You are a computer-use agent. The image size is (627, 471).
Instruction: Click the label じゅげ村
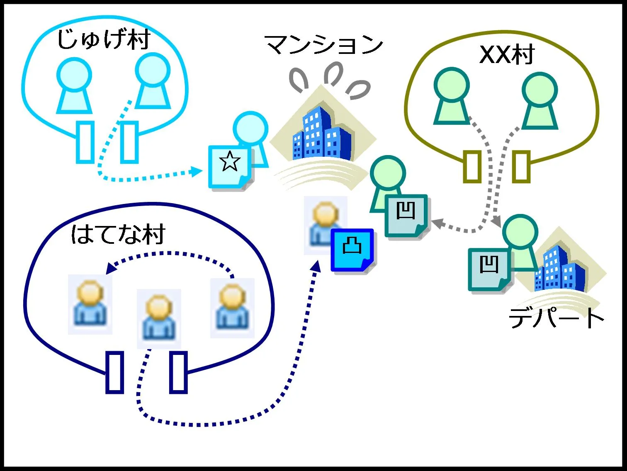(103, 40)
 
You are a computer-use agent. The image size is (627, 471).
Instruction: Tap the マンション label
(324, 45)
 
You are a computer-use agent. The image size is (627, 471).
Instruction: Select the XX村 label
(507, 54)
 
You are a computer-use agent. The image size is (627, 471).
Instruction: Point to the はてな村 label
(118, 235)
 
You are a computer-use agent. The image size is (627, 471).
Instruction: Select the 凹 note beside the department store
(490, 269)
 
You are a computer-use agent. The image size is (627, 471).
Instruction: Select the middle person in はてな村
(159, 318)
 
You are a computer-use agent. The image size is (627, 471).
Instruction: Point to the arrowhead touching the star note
(198, 171)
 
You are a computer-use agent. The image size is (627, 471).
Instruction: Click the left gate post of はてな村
(115, 372)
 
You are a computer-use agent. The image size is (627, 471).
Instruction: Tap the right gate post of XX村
(521, 167)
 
